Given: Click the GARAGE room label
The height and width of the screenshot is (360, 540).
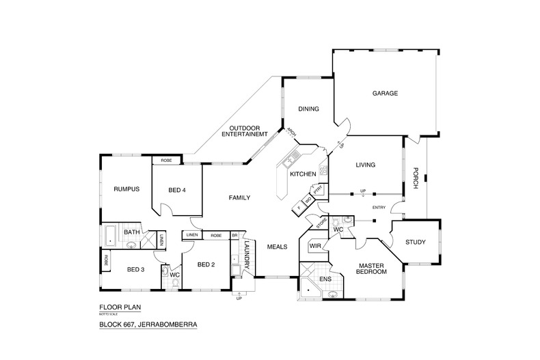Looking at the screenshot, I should [385, 94].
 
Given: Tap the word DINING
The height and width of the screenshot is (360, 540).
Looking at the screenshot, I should [308, 109].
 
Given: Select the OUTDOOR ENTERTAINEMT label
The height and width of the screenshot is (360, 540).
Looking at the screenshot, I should [247, 131].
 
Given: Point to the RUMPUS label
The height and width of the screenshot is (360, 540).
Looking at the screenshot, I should [126, 189].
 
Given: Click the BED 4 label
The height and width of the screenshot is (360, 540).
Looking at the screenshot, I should [177, 190].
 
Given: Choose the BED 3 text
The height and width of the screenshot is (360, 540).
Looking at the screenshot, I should [135, 268].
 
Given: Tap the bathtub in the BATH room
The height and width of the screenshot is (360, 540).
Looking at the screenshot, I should [109, 236].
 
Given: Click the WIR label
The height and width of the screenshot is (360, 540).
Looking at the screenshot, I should [315, 245].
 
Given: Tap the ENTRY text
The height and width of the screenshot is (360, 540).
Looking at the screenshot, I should [379, 208].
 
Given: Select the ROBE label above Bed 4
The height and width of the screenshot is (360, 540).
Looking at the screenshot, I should [166, 161].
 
